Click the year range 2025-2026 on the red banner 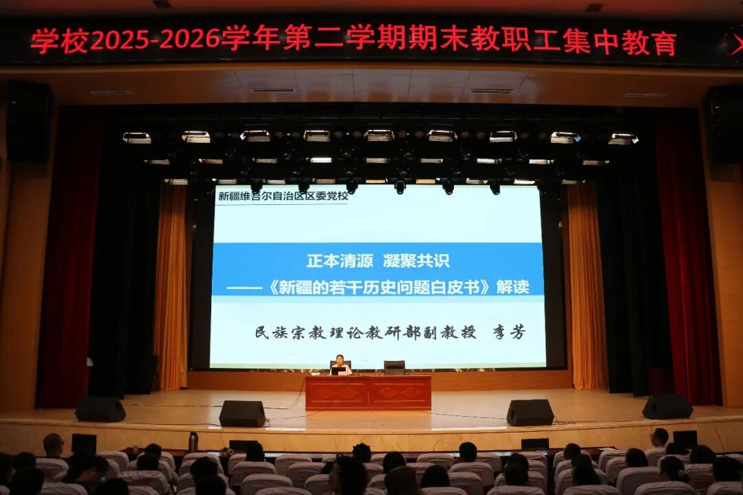[x=155, y=40]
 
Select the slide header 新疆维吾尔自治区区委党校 [x=283, y=196]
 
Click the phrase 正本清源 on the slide [x=340, y=261]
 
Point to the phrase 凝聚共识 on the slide [x=416, y=261]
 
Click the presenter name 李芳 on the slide [x=509, y=332]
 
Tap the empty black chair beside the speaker [x=394, y=368]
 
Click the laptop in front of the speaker [x=338, y=371]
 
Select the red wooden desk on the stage [x=368, y=393]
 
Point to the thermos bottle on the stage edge [x=193, y=441]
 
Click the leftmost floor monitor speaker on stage [x=100, y=409]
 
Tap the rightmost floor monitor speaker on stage [x=667, y=406]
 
